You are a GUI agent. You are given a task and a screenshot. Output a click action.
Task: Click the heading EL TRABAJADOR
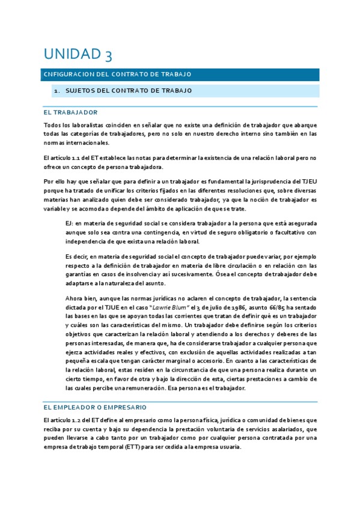70,112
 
